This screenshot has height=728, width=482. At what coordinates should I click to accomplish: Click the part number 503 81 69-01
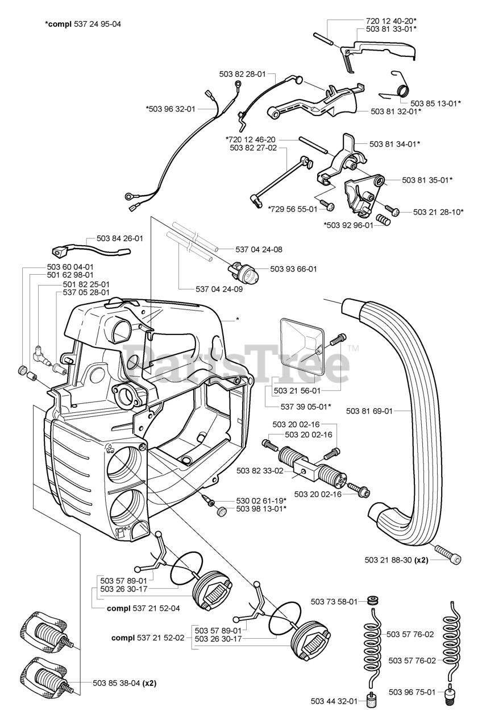tap(369, 411)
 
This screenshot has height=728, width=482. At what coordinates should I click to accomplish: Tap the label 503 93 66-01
tap(293, 269)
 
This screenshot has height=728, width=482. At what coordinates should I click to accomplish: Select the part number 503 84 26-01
tap(120, 238)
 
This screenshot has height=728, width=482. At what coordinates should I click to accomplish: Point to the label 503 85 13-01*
tap(435, 104)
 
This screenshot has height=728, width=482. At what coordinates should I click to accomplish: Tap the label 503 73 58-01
tap(334, 602)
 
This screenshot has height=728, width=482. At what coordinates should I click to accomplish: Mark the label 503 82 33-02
tap(260, 470)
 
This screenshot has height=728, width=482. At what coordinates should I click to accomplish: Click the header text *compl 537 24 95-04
tap(83, 24)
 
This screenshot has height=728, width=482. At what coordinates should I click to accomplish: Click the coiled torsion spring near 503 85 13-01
tap(400, 85)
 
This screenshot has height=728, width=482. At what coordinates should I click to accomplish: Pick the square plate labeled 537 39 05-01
tap(302, 346)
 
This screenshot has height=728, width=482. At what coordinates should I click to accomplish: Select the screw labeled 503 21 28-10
tap(392, 209)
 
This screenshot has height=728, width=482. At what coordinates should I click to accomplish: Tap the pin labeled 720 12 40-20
tap(323, 39)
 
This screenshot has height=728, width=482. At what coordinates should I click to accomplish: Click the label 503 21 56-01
tap(297, 391)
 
